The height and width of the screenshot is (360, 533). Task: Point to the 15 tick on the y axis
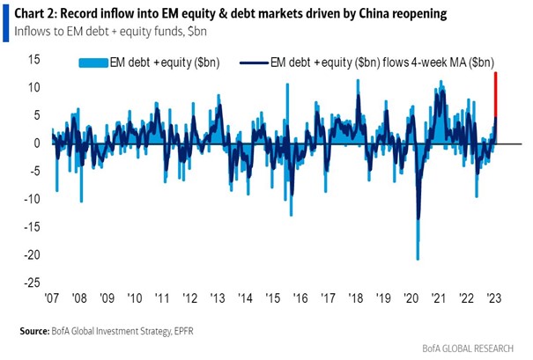click(34, 60)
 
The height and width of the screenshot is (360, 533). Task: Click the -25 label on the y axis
click(33, 283)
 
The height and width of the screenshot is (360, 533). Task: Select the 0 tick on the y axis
click(38, 143)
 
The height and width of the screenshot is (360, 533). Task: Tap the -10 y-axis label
click(33, 199)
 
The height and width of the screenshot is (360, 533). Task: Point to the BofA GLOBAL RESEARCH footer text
click(478, 349)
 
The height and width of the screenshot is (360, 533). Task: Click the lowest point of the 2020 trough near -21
click(418, 259)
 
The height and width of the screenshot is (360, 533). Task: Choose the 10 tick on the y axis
click(34, 87)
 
